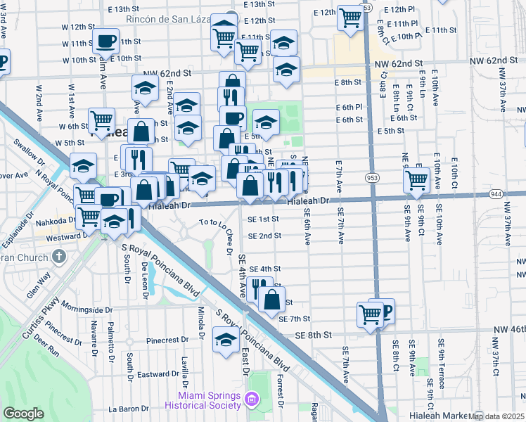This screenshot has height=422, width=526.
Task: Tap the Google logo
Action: tap(24, 414)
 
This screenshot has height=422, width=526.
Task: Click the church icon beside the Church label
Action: tap(58, 257)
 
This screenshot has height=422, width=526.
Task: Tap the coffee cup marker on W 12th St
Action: tap(105, 42)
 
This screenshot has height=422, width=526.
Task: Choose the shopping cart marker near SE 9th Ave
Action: tap(416, 179)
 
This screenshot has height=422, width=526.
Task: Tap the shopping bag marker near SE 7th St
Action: tap(271, 299)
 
